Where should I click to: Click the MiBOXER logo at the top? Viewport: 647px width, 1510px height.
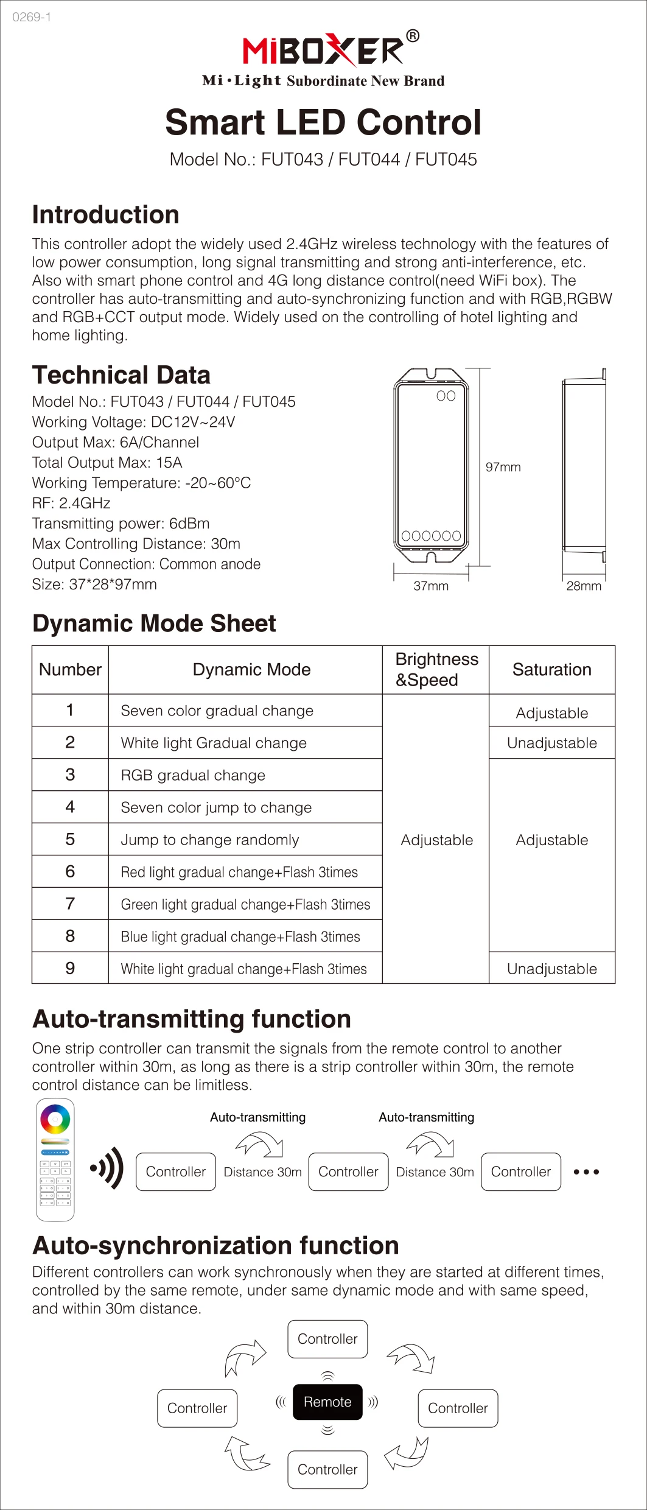point(323,50)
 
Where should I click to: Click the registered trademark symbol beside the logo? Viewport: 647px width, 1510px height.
point(412,36)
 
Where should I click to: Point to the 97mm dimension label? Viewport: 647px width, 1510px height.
point(503,467)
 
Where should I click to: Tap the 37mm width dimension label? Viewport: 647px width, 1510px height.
point(431,586)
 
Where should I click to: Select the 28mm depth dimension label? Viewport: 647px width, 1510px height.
point(583,586)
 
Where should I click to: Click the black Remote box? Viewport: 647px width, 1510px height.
point(327,1402)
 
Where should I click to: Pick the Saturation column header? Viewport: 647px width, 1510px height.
point(551,670)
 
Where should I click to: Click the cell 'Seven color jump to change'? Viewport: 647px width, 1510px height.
point(216,807)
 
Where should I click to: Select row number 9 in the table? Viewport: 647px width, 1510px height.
point(70,968)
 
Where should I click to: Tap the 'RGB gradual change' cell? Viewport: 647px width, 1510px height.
point(193,775)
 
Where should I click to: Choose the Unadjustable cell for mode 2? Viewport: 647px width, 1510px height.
point(551,743)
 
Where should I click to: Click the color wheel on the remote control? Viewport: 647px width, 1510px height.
point(55,1119)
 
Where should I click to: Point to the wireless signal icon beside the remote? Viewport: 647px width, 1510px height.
point(108,1168)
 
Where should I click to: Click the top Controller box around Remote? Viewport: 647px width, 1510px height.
point(327,1339)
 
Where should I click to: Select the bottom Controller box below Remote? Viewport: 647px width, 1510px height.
point(327,1469)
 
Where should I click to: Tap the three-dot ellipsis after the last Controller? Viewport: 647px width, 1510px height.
point(586,1171)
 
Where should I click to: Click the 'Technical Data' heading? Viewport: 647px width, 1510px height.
point(121,375)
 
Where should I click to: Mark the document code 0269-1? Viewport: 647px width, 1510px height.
point(32,17)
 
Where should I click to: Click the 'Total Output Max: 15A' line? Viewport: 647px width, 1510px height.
point(107,463)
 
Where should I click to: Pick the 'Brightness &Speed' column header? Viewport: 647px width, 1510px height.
point(436,670)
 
